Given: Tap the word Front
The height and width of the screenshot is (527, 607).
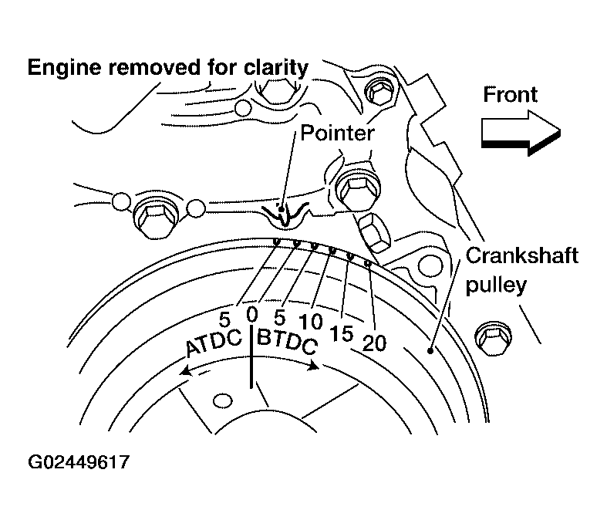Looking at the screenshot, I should point(510,94).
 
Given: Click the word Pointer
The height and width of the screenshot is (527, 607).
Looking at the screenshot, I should point(337,133).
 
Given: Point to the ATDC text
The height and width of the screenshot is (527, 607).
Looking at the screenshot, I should point(214,343).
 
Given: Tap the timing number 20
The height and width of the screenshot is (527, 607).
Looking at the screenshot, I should point(373,342).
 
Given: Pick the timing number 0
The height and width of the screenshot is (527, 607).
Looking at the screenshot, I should point(251,314).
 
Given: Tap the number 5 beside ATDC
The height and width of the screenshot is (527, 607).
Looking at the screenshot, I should point(225,318).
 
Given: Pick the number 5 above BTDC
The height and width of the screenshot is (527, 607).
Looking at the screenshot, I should point(280,316).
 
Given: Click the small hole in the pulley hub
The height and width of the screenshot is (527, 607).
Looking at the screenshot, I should point(222,400).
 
